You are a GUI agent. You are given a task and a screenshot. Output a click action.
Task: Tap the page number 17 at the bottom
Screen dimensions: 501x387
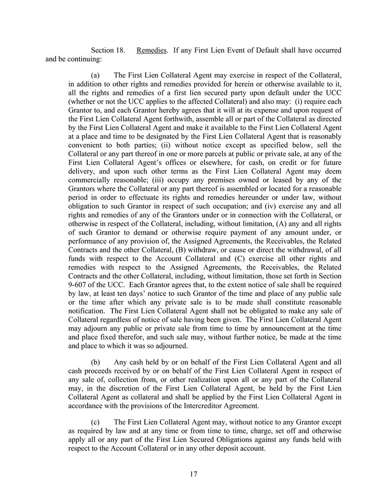193,474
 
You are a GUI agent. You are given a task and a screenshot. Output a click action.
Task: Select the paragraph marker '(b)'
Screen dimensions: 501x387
96,361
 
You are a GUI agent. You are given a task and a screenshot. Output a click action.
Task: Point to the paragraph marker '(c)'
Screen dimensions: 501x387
96,422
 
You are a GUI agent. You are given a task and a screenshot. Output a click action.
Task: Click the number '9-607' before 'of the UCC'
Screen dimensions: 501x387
78,285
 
